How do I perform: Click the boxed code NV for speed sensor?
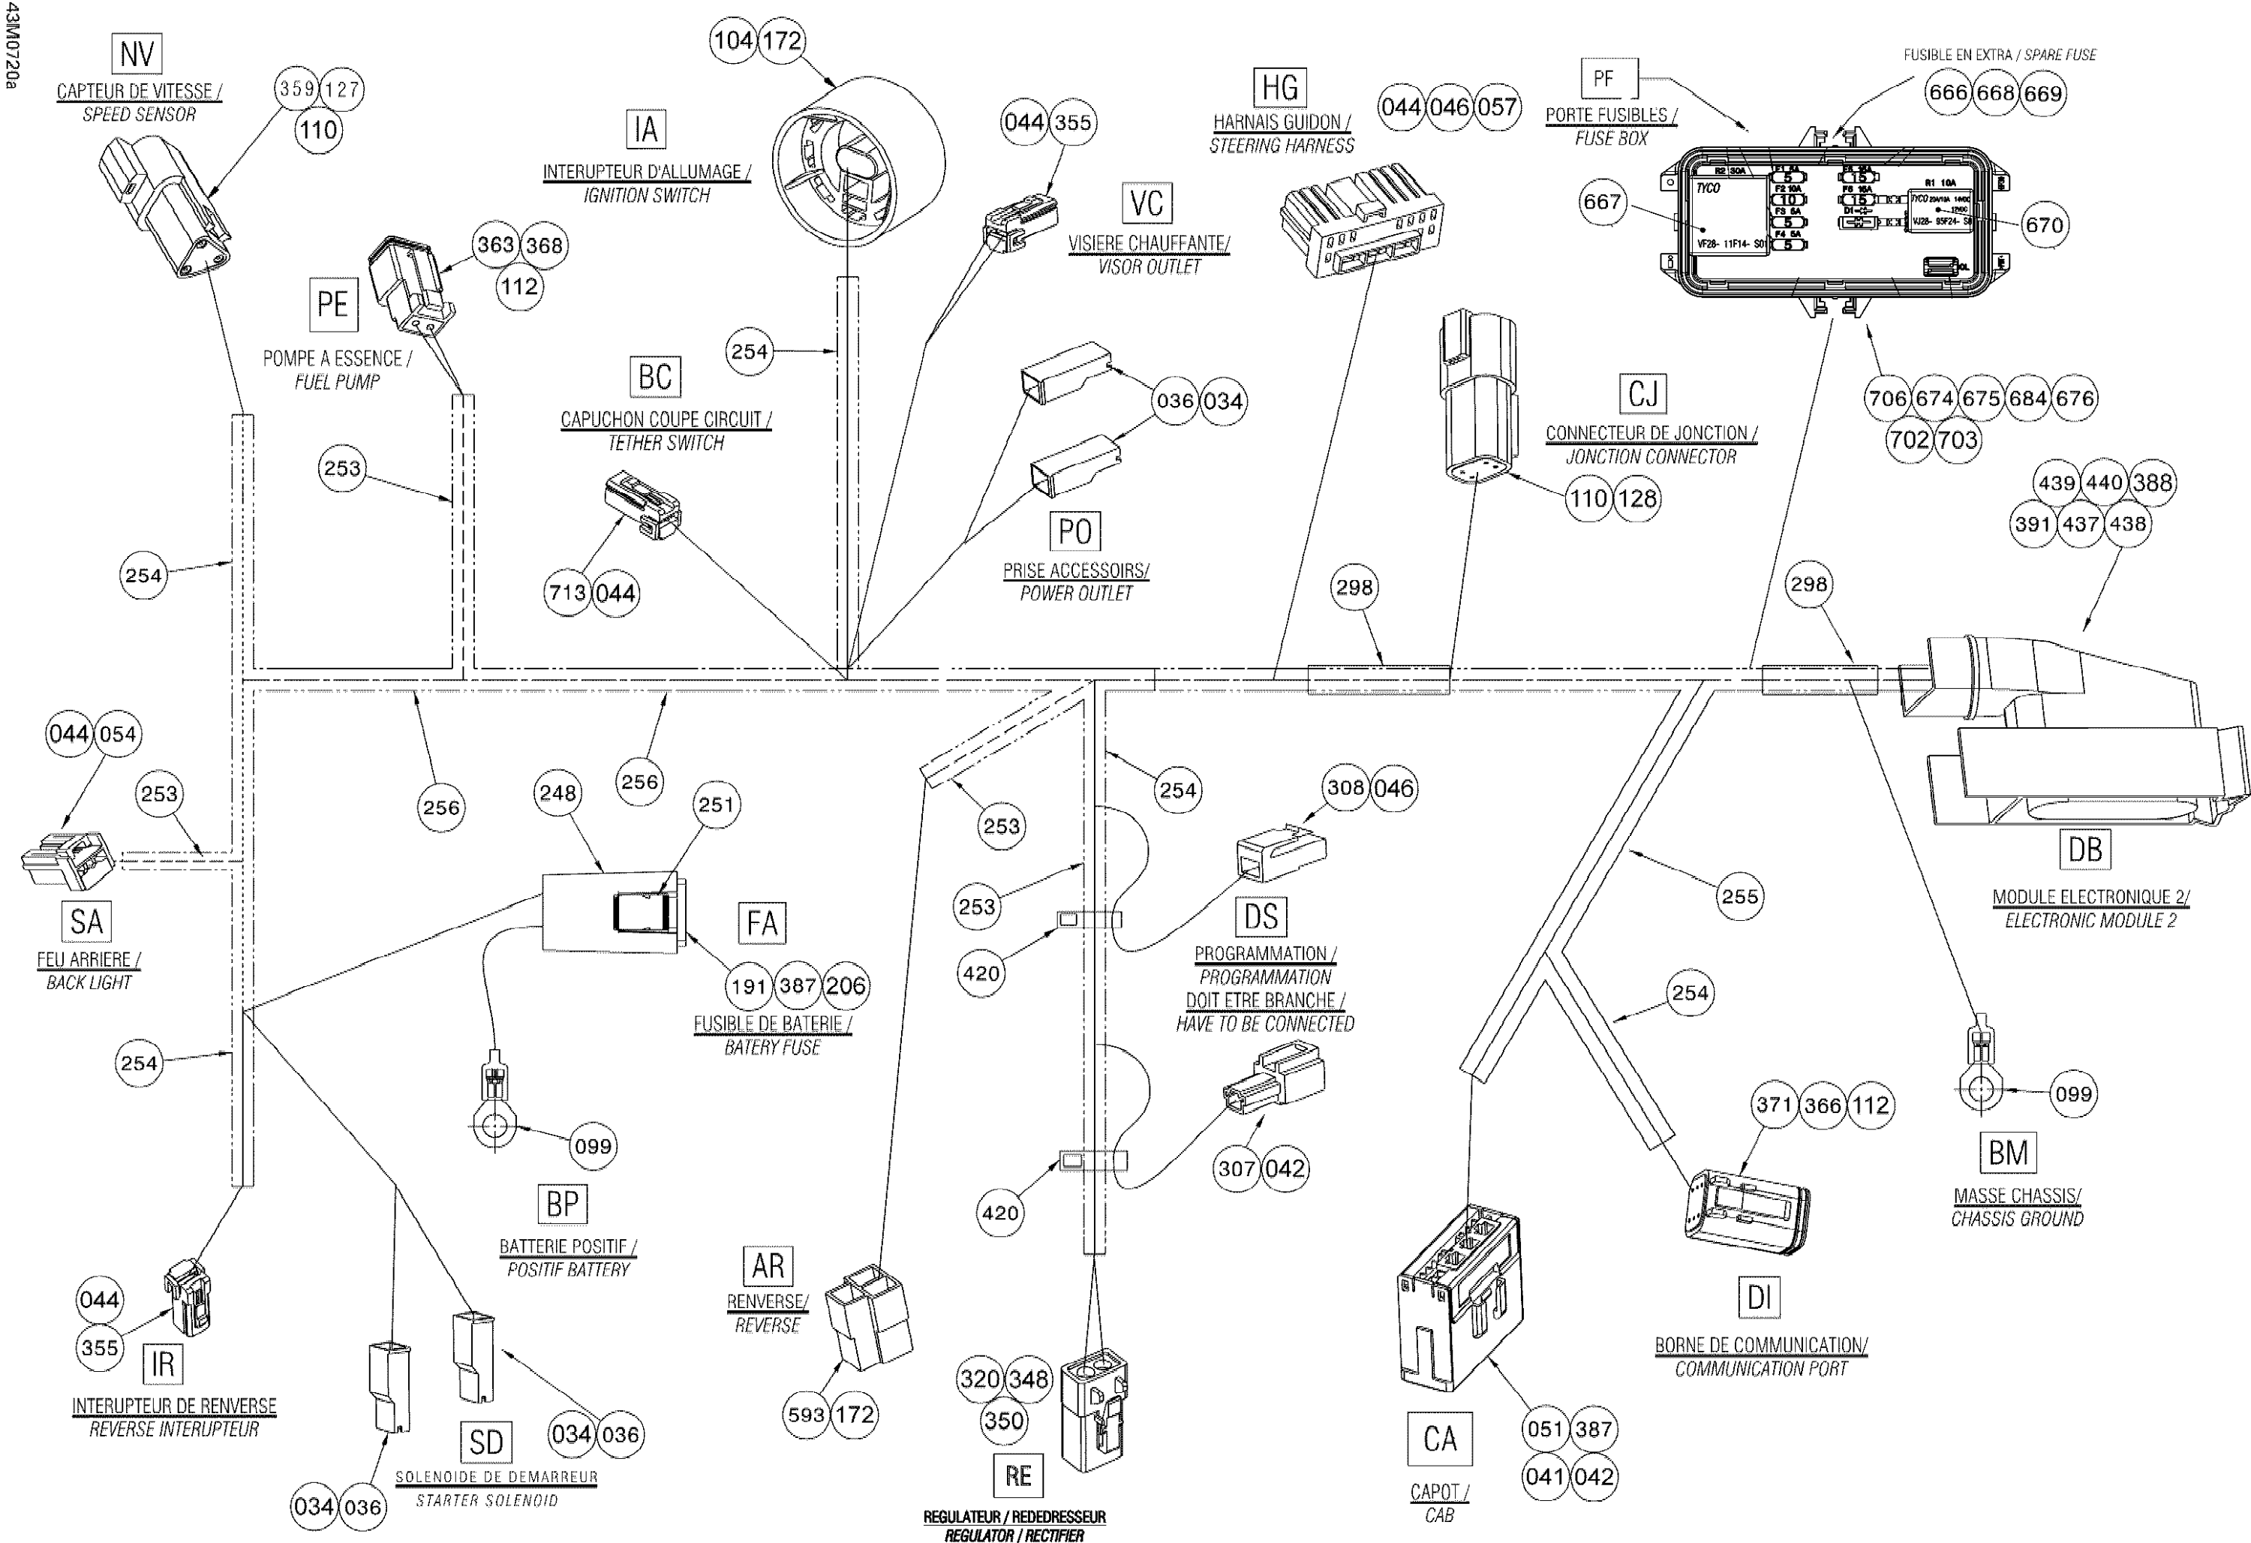click(x=137, y=53)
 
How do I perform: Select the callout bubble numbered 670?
click(x=2044, y=224)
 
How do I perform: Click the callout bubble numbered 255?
click(x=1739, y=896)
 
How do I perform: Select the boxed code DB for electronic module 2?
click(x=2084, y=850)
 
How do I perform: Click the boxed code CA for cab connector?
click(x=1439, y=1439)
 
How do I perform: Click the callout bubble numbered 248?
click(x=558, y=793)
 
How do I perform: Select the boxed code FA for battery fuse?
click(x=762, y=923)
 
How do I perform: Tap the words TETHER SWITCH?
click(x=666, y=444)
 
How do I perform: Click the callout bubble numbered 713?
click(x=567, y=592)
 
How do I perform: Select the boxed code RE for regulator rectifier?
click(x=1017, y=1476)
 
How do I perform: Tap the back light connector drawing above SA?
click(x=68, y=859)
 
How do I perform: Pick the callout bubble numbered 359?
click(x=297, y=89)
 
